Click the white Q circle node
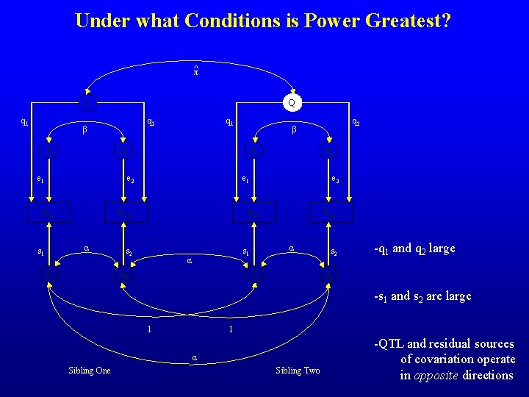pyautogui.click(x=292, y=103)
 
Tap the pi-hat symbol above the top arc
pyautogui.click(x=196, y=71)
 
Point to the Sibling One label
pyautogui.click(x=89, y=371)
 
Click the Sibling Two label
pyautogui.click(x=298, y=371)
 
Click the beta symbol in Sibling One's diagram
pyautogui.click(x=84, y=131)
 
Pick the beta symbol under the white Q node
pyautogui.click(x=293, y=131)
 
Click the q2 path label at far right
pyautogui.click(x=356, y=122)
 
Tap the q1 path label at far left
pyautogui.click(x=24, y=122)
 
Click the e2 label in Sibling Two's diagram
pyautogui.click(x=335, y=178)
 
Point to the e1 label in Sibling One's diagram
pyautogui.click(x=40, y=178)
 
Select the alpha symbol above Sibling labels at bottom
pyautogui.click(x=194, y=357)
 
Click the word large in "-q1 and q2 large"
pyautogui.click(x=439, y=248)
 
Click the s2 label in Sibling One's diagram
pyautogui.click(x=129, y=251)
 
